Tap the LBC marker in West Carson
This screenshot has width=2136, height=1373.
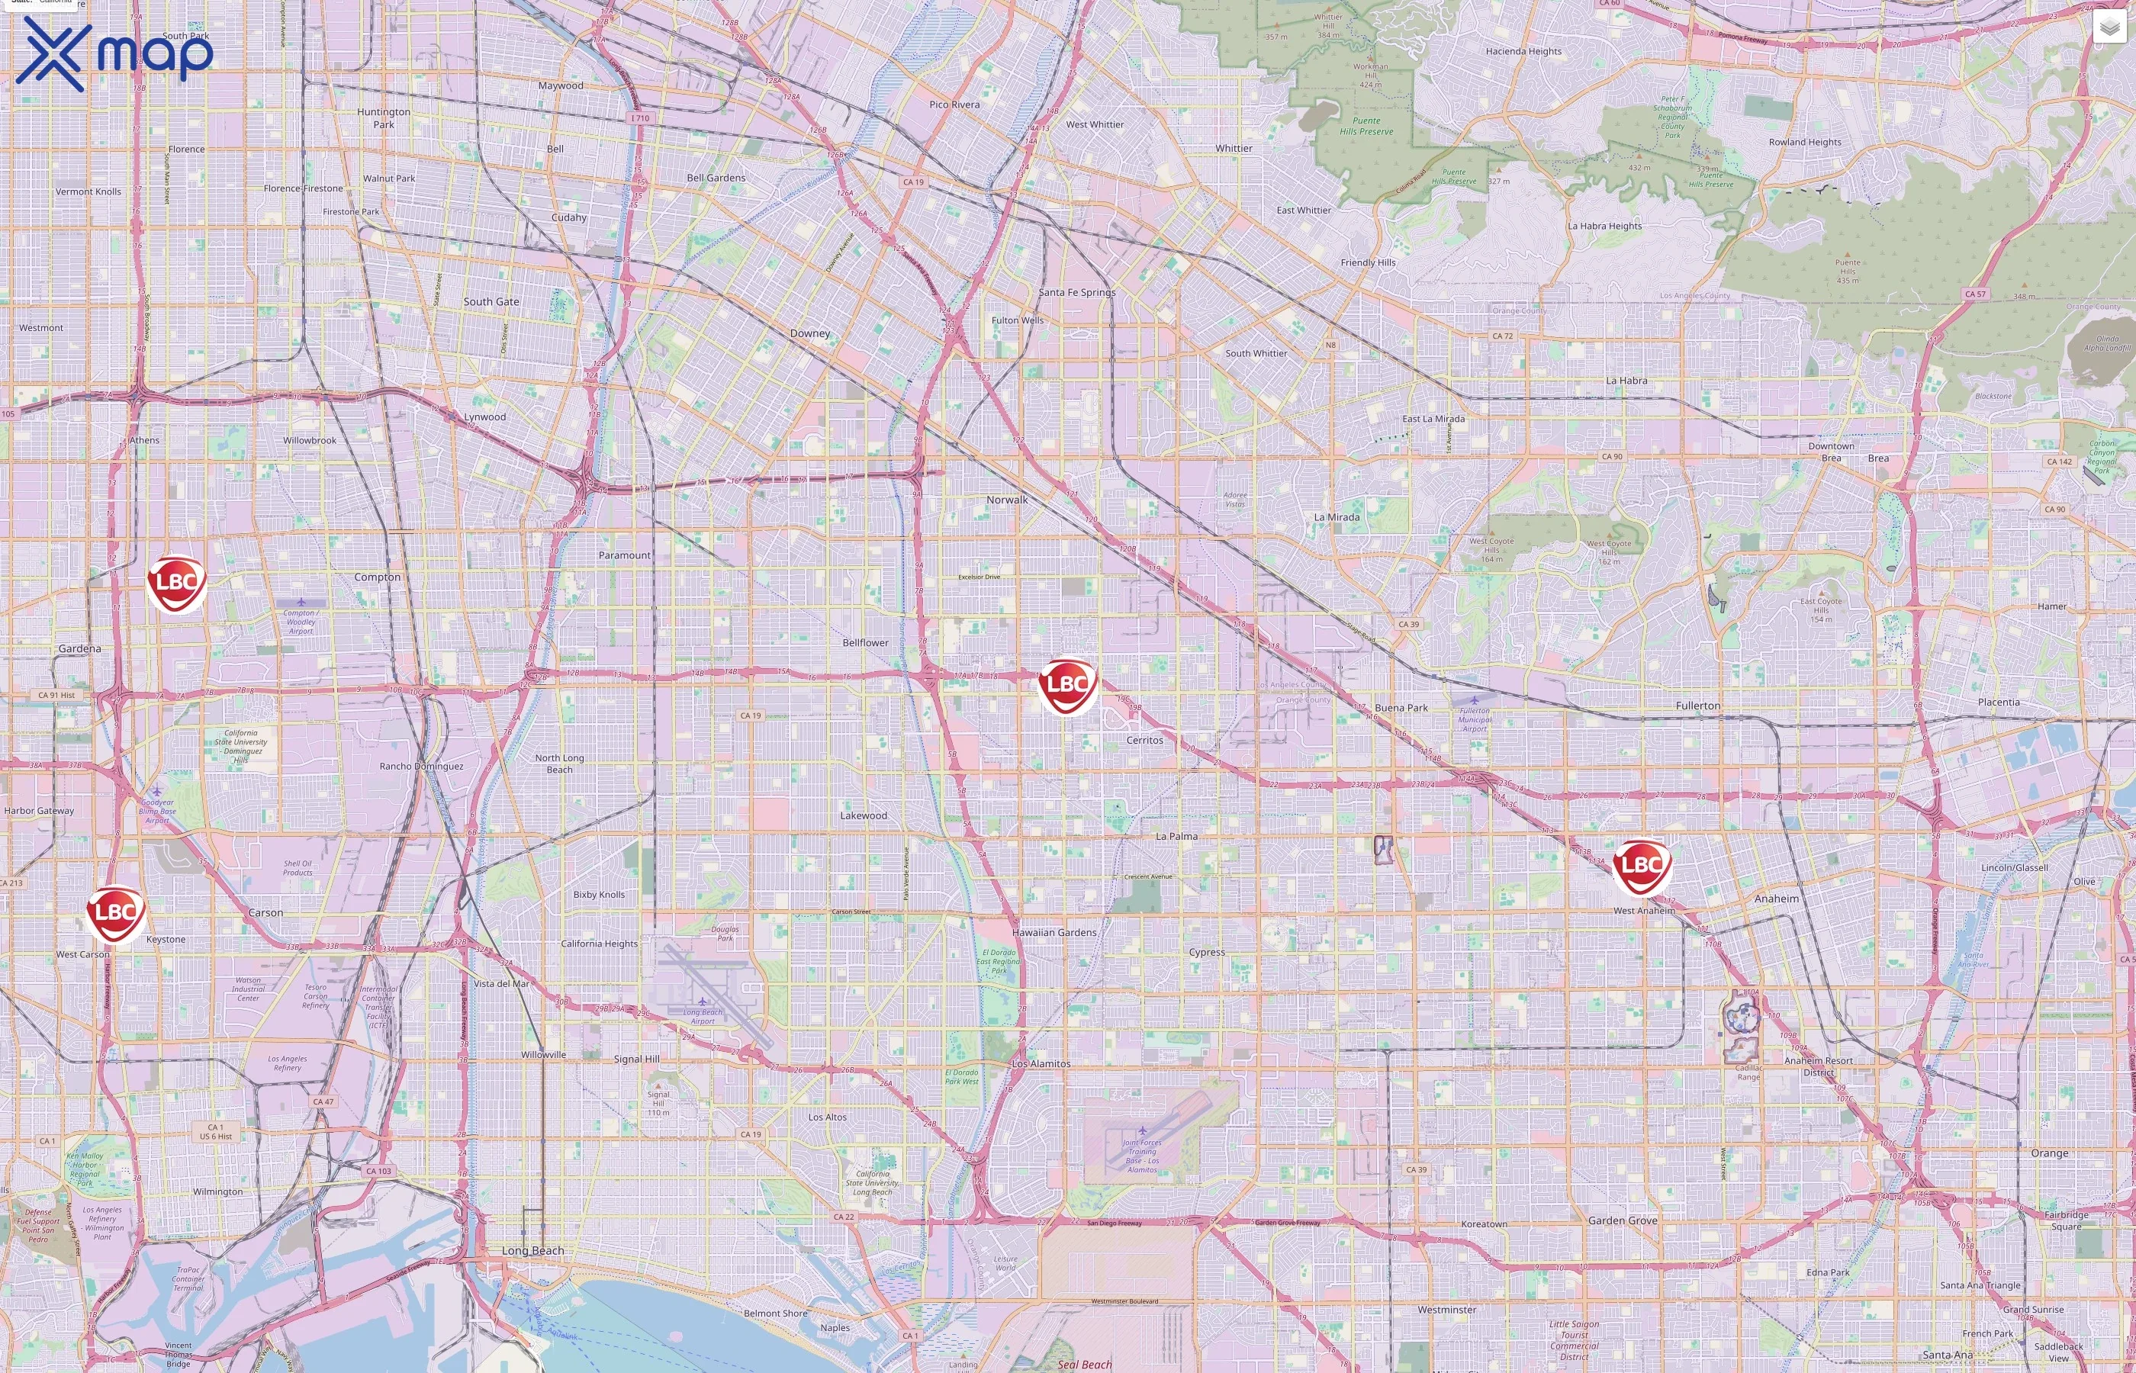pos(115,912)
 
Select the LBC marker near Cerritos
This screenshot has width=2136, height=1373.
pos(1067,685)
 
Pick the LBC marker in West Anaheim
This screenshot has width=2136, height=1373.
pos(1641,865)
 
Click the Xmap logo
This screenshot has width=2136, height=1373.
pos(114,53)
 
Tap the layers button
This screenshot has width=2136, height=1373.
pos(2109,27)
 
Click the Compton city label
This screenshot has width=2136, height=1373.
pos(377,577)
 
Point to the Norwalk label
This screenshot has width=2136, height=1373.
pos(1006,500)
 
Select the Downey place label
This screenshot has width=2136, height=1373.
pos(809,333)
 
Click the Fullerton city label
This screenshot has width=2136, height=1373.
pos(1697,706)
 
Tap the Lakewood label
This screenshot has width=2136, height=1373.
pos(863,815)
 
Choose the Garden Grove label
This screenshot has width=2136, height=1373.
pos(1622,1220)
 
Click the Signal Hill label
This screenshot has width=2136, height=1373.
pos(636,1059)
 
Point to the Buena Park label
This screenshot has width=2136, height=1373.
pos(1401,708)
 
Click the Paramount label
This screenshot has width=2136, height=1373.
pos(624,555)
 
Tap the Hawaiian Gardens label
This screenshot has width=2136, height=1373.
pos(1054,933)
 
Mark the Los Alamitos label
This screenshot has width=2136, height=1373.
pos(1041,1063)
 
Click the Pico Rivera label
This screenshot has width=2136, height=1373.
pos(954,105)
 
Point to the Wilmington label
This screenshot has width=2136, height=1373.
pos(217,1191)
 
